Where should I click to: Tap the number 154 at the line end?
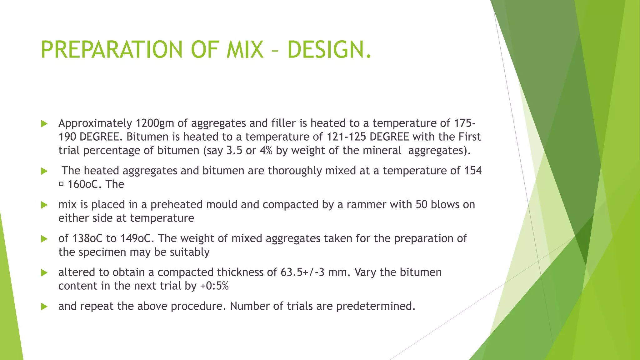tap(473, 171)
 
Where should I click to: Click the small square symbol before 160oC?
tap(61, 184)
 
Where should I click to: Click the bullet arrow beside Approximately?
tap(44, 124)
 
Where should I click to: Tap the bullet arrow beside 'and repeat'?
tap(44, 307)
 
